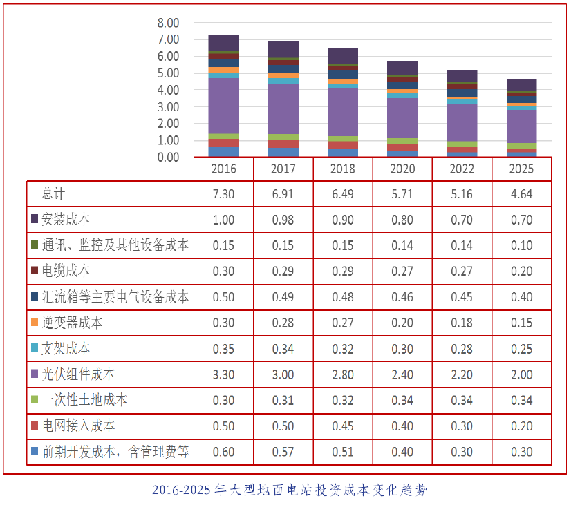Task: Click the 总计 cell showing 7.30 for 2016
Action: click(223, 194)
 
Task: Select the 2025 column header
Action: click(522, 169)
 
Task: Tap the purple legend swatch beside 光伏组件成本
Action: click(35, 374)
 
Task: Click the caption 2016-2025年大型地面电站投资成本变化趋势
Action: click(290, 490)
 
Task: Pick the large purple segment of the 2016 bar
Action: click(223, 106)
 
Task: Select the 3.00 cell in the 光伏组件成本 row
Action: click(283, 374)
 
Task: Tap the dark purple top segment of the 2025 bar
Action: click(522, 85)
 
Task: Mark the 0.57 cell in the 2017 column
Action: click(283, 452)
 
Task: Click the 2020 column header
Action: click(402, 169)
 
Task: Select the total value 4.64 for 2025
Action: click(522, 194)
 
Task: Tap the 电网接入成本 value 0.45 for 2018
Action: click(343, 426)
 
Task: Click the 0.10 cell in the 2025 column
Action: click(522, 246)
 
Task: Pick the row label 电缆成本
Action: click(66, 271)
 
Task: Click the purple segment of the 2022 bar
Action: click(462, 122)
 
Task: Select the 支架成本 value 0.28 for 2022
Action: click(462, 349)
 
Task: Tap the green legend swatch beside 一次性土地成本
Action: click(35, 400)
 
